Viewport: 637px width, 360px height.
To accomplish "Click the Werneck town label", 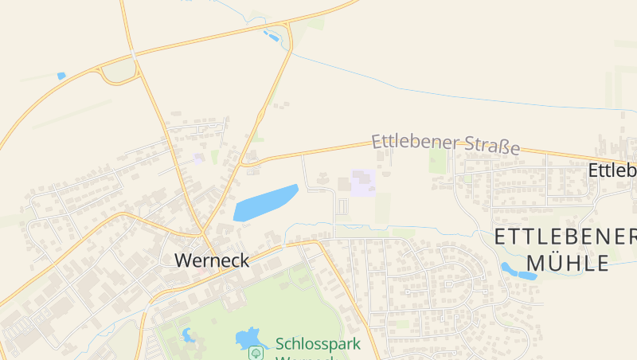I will pos(211,260).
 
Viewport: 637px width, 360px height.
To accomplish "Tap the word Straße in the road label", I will pos(490,147).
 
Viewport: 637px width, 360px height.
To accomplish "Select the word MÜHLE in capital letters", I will pos(568,263).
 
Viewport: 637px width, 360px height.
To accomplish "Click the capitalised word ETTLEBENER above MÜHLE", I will pos(565,237).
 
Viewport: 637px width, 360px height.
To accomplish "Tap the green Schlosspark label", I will pos(318,344).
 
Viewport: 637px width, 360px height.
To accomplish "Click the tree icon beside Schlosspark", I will pos(257,350).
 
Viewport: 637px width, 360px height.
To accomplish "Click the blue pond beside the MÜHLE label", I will pos(518,272).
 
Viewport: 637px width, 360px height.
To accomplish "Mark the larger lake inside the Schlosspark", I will pos(248,337).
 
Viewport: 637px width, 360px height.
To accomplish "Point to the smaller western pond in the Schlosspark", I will pos(188,335).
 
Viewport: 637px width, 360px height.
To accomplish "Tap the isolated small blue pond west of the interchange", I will pos(61,76).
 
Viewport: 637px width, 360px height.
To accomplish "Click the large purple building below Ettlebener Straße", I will pos(363,182).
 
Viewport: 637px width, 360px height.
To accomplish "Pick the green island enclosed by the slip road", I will pos(119,72).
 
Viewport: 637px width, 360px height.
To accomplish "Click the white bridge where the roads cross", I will pos(132,55).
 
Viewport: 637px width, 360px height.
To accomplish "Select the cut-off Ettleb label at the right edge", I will pos(612,170).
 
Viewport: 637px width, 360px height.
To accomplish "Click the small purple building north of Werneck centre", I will pos(197,158).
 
